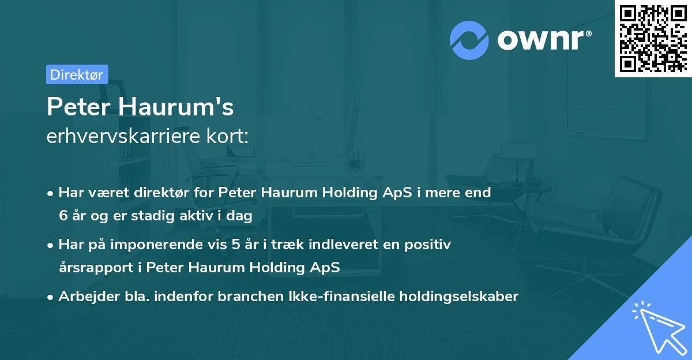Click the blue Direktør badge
pos(77,74)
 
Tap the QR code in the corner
pos(652,38)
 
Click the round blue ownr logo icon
pos(469,40)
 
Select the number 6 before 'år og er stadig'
pos(62,215)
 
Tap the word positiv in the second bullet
pos(430,245)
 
